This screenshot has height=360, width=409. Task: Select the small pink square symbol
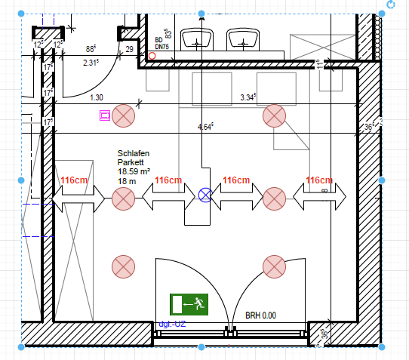pos(105,115)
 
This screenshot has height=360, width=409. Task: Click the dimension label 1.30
pos(97,97)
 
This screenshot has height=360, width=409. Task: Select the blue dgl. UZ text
pos(172,325)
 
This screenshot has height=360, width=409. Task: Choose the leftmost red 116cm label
pos(75,180)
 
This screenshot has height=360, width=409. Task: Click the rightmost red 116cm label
pos(319,180)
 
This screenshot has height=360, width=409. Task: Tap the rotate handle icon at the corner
pos(391,5)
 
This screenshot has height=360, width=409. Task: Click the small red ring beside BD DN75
pos(152,56)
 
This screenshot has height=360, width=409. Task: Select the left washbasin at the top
pos(199,40)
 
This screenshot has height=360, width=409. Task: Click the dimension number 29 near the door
pos(130,49)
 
